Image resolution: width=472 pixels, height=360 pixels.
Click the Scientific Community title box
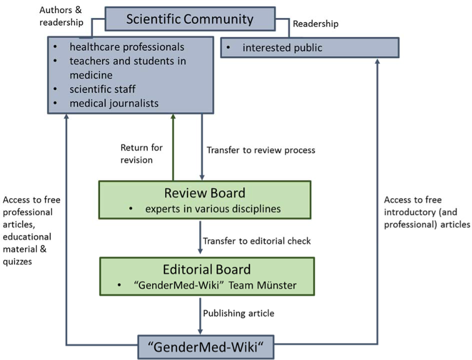click(x=189, y=19)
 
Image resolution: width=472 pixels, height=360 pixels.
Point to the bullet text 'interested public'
click(x=283, y=47)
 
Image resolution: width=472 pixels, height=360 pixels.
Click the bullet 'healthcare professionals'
click(x=127, y=47)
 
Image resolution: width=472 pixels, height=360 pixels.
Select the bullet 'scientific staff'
click(x=104, y=89)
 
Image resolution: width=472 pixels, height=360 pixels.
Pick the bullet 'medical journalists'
click(x=114, y=102)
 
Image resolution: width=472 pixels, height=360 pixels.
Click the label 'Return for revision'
click(x=141, y=154)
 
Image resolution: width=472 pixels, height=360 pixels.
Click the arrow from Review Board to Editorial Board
click(x=199, y=238)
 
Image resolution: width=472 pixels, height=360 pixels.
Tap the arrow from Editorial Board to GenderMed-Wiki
click(x=199, y=316)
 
